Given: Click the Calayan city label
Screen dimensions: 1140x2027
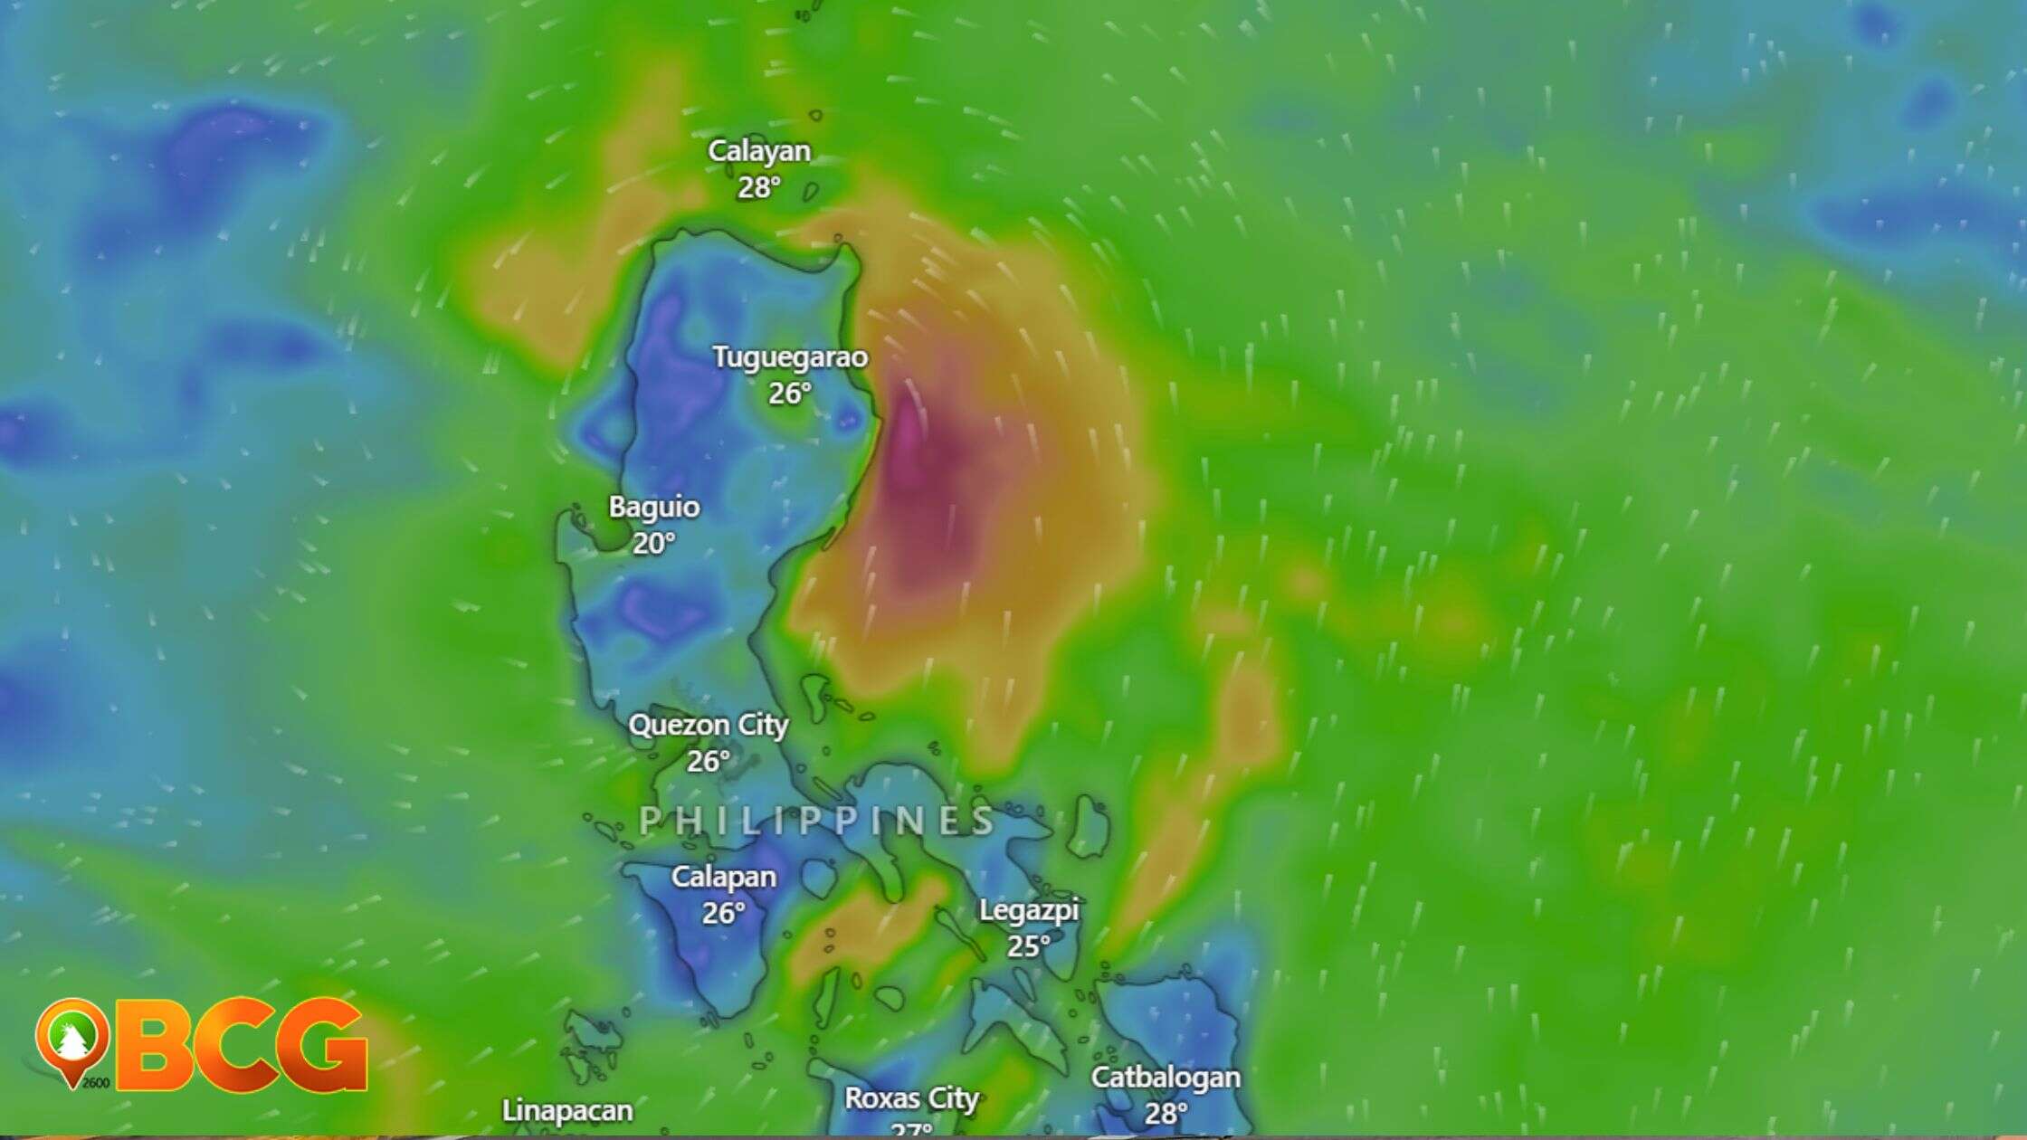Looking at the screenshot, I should point(758,151).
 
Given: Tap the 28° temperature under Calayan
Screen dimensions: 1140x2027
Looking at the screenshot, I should point(758,187).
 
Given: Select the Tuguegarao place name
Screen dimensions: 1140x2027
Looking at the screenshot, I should point(789,357).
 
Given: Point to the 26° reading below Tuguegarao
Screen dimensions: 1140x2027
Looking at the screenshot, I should point(789,394).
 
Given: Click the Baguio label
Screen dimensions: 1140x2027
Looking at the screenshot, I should point(653,507).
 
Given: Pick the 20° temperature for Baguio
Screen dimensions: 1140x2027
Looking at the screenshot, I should point(653,544).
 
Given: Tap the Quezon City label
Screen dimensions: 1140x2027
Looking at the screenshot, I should point(709,725).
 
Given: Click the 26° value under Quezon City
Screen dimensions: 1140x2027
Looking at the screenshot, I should point(708,762).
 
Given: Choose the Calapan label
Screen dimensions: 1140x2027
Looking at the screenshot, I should point(723,877).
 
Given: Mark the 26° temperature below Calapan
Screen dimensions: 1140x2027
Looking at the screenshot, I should point(723,914).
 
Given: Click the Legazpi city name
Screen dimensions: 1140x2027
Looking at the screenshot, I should point(1029,910).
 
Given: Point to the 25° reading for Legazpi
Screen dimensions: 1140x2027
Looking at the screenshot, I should point(1029,946).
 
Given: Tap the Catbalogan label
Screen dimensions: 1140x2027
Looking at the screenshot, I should point(1165,1078).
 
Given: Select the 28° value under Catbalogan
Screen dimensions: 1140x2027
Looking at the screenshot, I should point(1165,1114).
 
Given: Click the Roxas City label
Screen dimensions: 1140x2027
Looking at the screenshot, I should point(911,1098).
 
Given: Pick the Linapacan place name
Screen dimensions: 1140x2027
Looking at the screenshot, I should point(567,1111).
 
